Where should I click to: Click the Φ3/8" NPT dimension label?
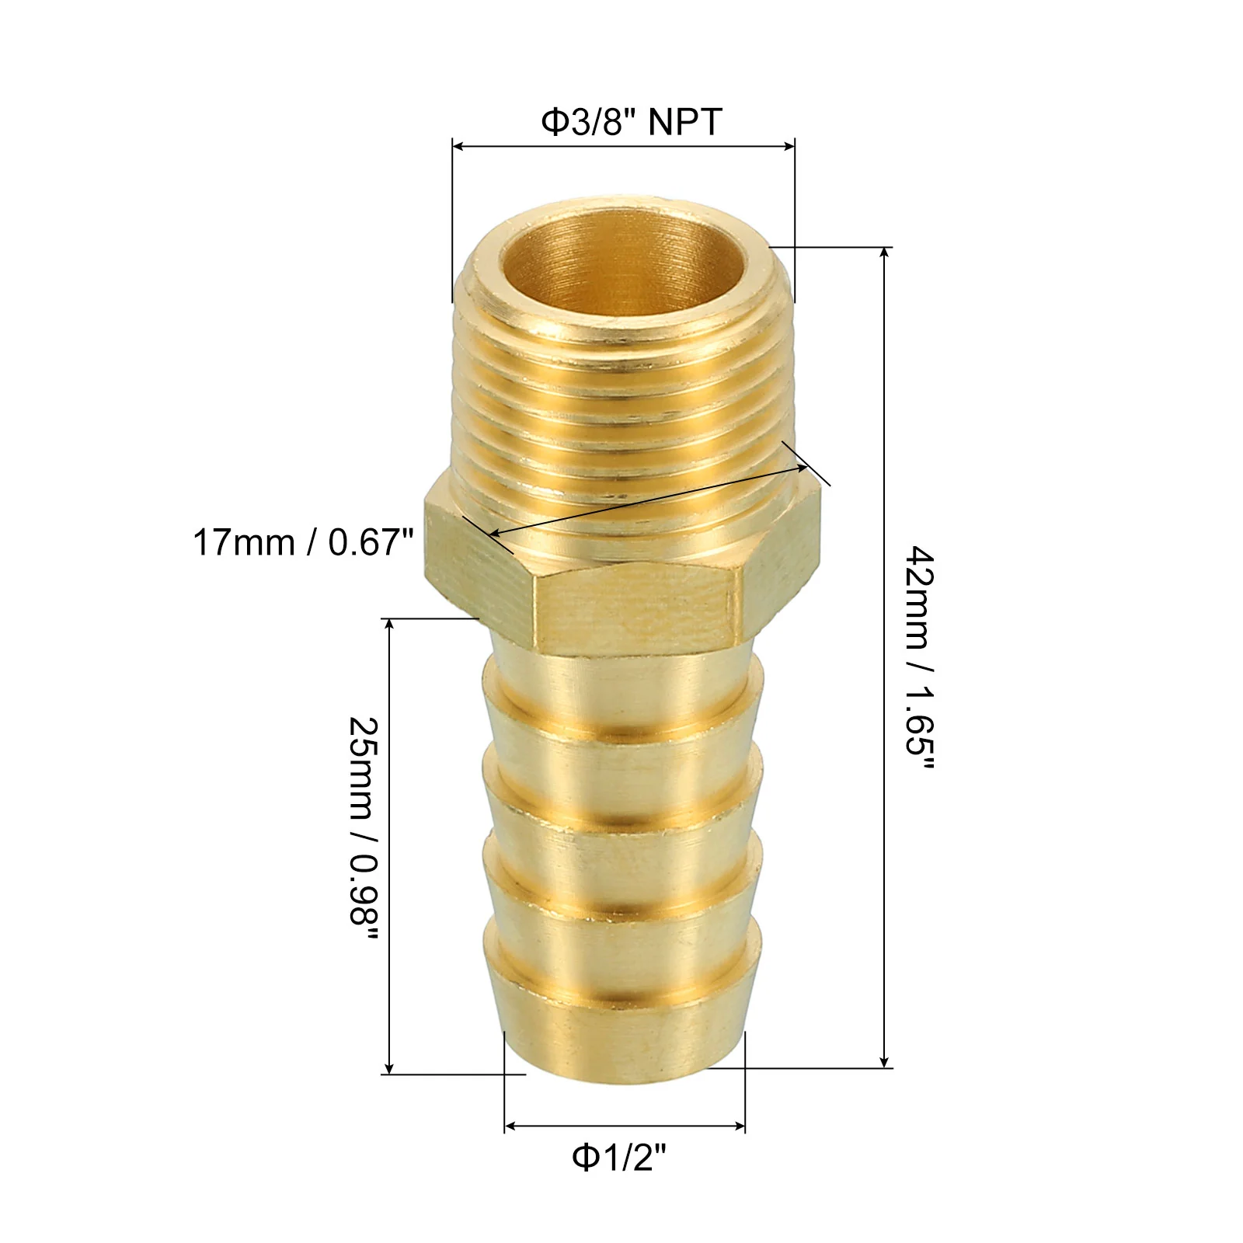[x=632, y=122]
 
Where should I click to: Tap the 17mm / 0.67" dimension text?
[x=304, y=541]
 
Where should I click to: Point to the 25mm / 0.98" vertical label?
[x=363, y=829]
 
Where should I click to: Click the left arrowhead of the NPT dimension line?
[x=458, y=146]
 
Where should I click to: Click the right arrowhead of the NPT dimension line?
[x=788, y=146]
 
